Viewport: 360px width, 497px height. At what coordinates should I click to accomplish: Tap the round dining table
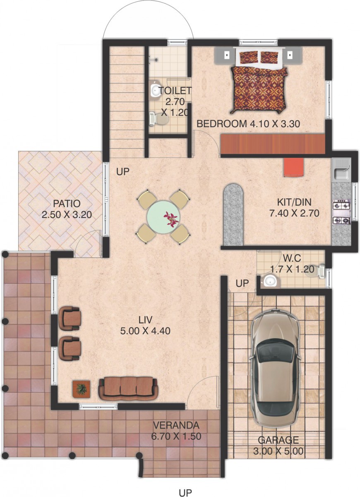pos(163,217)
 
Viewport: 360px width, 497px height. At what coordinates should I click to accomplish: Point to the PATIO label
pos(67,203)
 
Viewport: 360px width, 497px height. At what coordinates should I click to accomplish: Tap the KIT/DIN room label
pos(294,202)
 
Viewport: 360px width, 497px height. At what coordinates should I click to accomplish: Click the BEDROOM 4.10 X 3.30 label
pos(248,123)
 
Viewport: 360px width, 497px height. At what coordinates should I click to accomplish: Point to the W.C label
pos(292,258)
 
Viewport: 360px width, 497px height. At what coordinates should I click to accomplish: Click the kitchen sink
pos(341,174)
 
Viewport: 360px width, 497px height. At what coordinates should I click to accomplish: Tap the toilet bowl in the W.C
pos(317,271)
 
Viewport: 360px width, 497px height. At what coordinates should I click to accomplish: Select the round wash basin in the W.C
pos(269,281)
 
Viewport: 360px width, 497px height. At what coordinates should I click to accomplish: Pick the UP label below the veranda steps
pos(185,491)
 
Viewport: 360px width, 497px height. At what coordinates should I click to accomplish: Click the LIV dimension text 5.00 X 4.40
pos(145,331)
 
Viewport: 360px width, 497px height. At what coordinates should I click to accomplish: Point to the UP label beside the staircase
pos(122,171)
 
